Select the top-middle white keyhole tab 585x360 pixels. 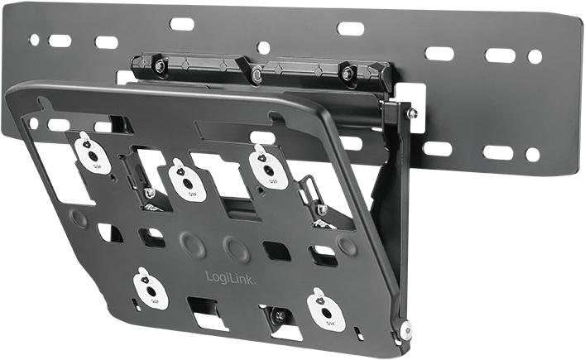[x=187, y=179]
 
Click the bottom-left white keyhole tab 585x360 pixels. [x=150, y=288]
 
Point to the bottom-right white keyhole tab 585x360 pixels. [x=325, y=309]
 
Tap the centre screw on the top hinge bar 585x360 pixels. [x=257, y=74]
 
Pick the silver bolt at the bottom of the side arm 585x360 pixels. [x=405, y=329]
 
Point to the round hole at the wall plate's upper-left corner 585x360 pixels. [x=34, y=39]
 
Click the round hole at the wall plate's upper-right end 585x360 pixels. [x=535, y=56]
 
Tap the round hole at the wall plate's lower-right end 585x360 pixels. [x=532, y=154]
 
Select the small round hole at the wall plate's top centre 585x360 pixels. [x=263, y=47]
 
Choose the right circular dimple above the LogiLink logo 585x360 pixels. [x=237, y=248]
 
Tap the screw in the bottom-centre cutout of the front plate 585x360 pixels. [x=276, y=314]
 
